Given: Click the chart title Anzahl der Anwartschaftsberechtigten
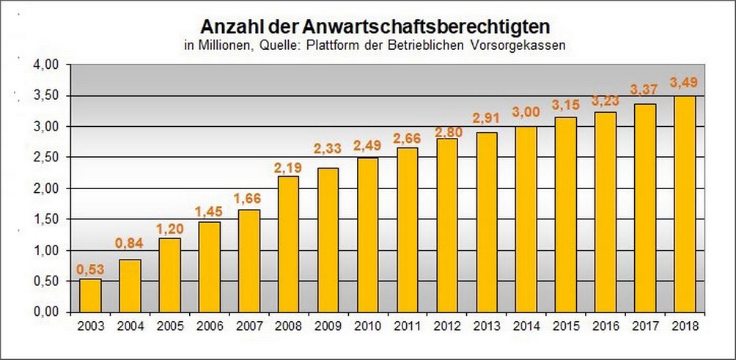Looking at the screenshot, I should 375,27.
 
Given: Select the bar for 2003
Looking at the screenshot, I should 90,295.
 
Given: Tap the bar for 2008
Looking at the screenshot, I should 288,243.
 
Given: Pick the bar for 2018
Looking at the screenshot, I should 684,203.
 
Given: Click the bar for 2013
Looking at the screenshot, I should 486,221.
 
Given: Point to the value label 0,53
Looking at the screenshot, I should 90,268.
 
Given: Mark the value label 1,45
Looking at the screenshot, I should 209,211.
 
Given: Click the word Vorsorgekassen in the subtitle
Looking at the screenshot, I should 526,45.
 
